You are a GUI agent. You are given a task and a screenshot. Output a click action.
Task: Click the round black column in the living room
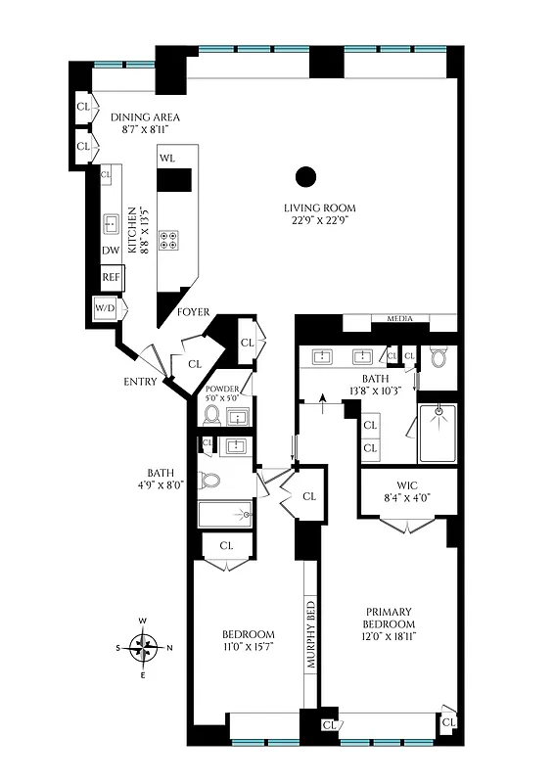[306, 177]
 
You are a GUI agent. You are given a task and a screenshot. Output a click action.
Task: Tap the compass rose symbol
[145, 646]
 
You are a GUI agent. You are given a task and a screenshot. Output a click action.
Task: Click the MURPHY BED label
[312, 633]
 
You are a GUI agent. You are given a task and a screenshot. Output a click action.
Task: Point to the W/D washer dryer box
[104, 308]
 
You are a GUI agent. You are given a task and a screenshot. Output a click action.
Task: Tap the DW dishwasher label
[111, 251]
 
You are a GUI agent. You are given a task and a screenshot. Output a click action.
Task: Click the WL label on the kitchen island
[167, 158]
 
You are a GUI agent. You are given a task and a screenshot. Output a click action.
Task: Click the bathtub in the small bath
[225, 514]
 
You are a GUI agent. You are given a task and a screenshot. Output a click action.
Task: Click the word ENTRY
[140, 382]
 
